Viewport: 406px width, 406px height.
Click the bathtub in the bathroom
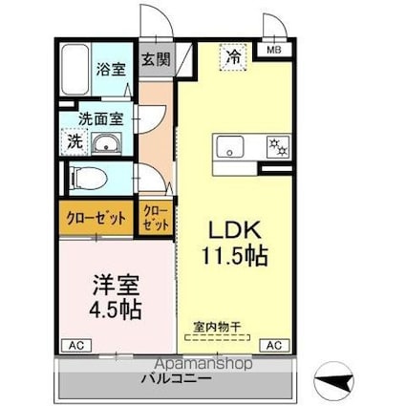coord(75,70)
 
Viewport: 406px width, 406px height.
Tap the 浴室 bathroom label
coord(111,70)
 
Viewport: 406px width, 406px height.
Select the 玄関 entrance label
coord(156,59)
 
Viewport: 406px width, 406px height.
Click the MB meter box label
coord(274,50)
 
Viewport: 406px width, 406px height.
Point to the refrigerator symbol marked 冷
coord(233,57)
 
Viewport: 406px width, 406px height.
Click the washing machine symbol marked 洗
coord(75,141)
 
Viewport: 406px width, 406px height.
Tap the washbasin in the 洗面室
coord(106,143)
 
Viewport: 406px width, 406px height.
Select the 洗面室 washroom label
coord(100,119)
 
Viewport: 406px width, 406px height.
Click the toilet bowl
coord(89,178)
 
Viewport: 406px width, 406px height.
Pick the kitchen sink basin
coord(230,146)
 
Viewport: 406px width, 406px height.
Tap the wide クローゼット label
coord(96,219)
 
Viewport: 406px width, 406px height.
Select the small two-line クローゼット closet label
coord(156,218)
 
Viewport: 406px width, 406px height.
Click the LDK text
coord(235,230)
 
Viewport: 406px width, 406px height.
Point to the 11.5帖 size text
coord(235,256)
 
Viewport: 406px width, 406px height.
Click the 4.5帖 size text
coord(115,310)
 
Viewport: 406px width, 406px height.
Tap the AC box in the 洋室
coord(76,346)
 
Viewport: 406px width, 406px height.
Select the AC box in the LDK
coord(274,346)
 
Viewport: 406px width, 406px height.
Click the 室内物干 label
coord(217,328)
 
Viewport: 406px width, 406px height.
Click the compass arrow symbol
coord(333,381)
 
